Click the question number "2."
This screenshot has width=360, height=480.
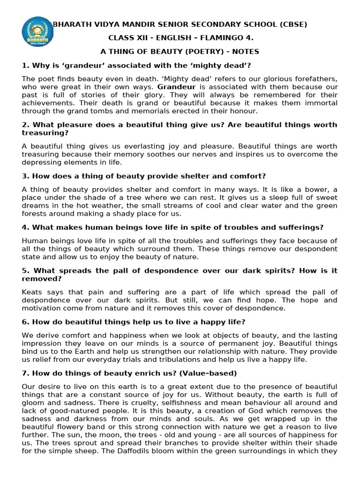click(25, 125)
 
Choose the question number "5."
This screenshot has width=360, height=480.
click(25, 271)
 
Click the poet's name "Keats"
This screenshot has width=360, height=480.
click(32, 292)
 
